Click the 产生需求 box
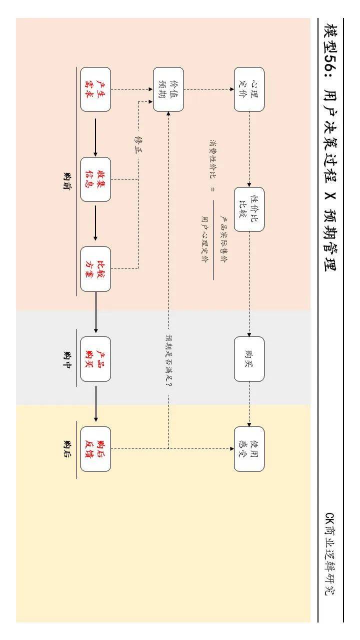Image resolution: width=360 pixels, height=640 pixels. [x=95, y=89]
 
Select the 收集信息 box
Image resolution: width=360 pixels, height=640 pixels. [x=95, y=179]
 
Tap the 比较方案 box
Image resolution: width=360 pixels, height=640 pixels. [x=95, y=269]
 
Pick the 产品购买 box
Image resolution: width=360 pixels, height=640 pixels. [x=95, y=359]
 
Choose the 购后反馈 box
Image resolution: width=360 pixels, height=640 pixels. [x=95, y=448]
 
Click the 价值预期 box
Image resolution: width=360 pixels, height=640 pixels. [x=168, y=89]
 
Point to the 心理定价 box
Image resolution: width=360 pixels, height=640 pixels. [x=249, y=89]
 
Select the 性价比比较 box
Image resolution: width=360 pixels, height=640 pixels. [x=249, y=209]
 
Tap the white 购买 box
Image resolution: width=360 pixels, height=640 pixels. [x=249, y=359]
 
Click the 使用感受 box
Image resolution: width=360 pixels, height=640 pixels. [x=249, y=448]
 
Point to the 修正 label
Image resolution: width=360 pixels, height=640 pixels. [x=138, y=143]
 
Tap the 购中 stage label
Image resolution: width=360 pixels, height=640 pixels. [x=67, y=358]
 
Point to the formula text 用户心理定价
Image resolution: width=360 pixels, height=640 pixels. [x=204, y=239]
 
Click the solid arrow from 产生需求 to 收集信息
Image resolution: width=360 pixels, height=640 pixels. [x=95, y=134]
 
